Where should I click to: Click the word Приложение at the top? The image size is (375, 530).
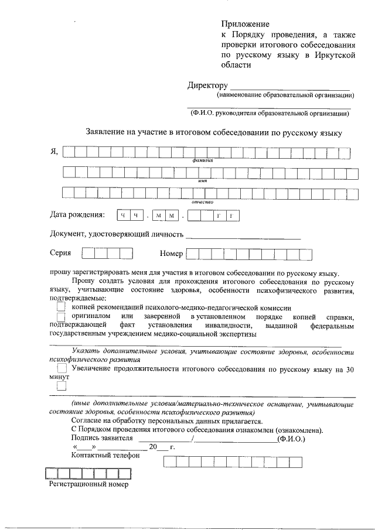[x=245, y=25]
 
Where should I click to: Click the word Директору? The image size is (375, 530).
[x=207, y=85]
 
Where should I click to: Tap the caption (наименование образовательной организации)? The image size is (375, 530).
[x=285, y=95]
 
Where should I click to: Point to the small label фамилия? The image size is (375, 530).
[x=201, y=160]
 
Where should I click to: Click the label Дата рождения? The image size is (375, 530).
[x=77, y=215]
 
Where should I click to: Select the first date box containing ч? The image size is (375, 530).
[x=123, y=216]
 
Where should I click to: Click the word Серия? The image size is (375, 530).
[x=60, y=253]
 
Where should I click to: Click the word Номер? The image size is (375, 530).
[x=171, y=254]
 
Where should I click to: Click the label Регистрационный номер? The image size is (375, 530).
[x=88, y=484]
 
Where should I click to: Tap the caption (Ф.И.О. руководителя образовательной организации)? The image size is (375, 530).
[x=270, y=114]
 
